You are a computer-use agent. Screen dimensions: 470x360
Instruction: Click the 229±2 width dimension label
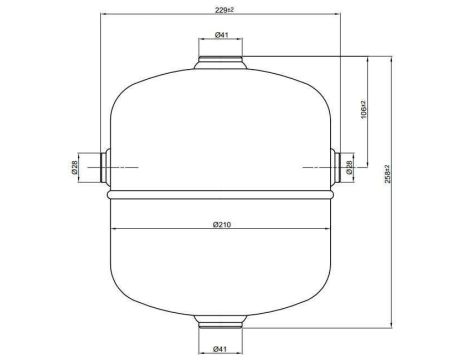click(x=224, y=10)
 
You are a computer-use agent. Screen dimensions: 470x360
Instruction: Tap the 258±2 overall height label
click(x=387, y=174)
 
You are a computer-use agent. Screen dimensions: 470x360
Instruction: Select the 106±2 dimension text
click(x=363, y=110)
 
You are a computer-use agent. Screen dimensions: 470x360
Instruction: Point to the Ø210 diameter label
click(x=222, y=224)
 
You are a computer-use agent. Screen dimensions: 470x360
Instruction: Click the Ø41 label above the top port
click(x=221, y=35)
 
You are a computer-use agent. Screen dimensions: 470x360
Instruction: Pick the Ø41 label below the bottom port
click(x=220, y=349)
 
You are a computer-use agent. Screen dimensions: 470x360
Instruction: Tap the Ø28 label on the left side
click(x=74, y=167)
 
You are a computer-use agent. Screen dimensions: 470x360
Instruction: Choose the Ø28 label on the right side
click(x=349, y=167)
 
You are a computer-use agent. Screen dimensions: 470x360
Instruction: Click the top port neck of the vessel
click(x=221, y=63)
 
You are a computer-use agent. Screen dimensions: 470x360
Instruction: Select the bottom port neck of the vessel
click(x=221, y=322)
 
